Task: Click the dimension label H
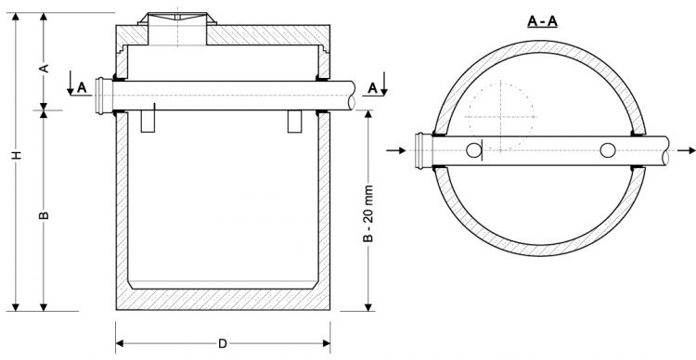click(17, 155)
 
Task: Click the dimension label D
click(223, 343)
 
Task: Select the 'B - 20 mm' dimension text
click(368, 213)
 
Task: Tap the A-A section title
click(542, 20)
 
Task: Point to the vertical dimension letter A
click(44, 69)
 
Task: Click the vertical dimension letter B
click(44, 215)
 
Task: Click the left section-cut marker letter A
click(82, 87)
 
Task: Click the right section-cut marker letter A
click(373, 88)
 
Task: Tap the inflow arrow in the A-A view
click(396, 150)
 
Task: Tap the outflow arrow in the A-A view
click(686, 150)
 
